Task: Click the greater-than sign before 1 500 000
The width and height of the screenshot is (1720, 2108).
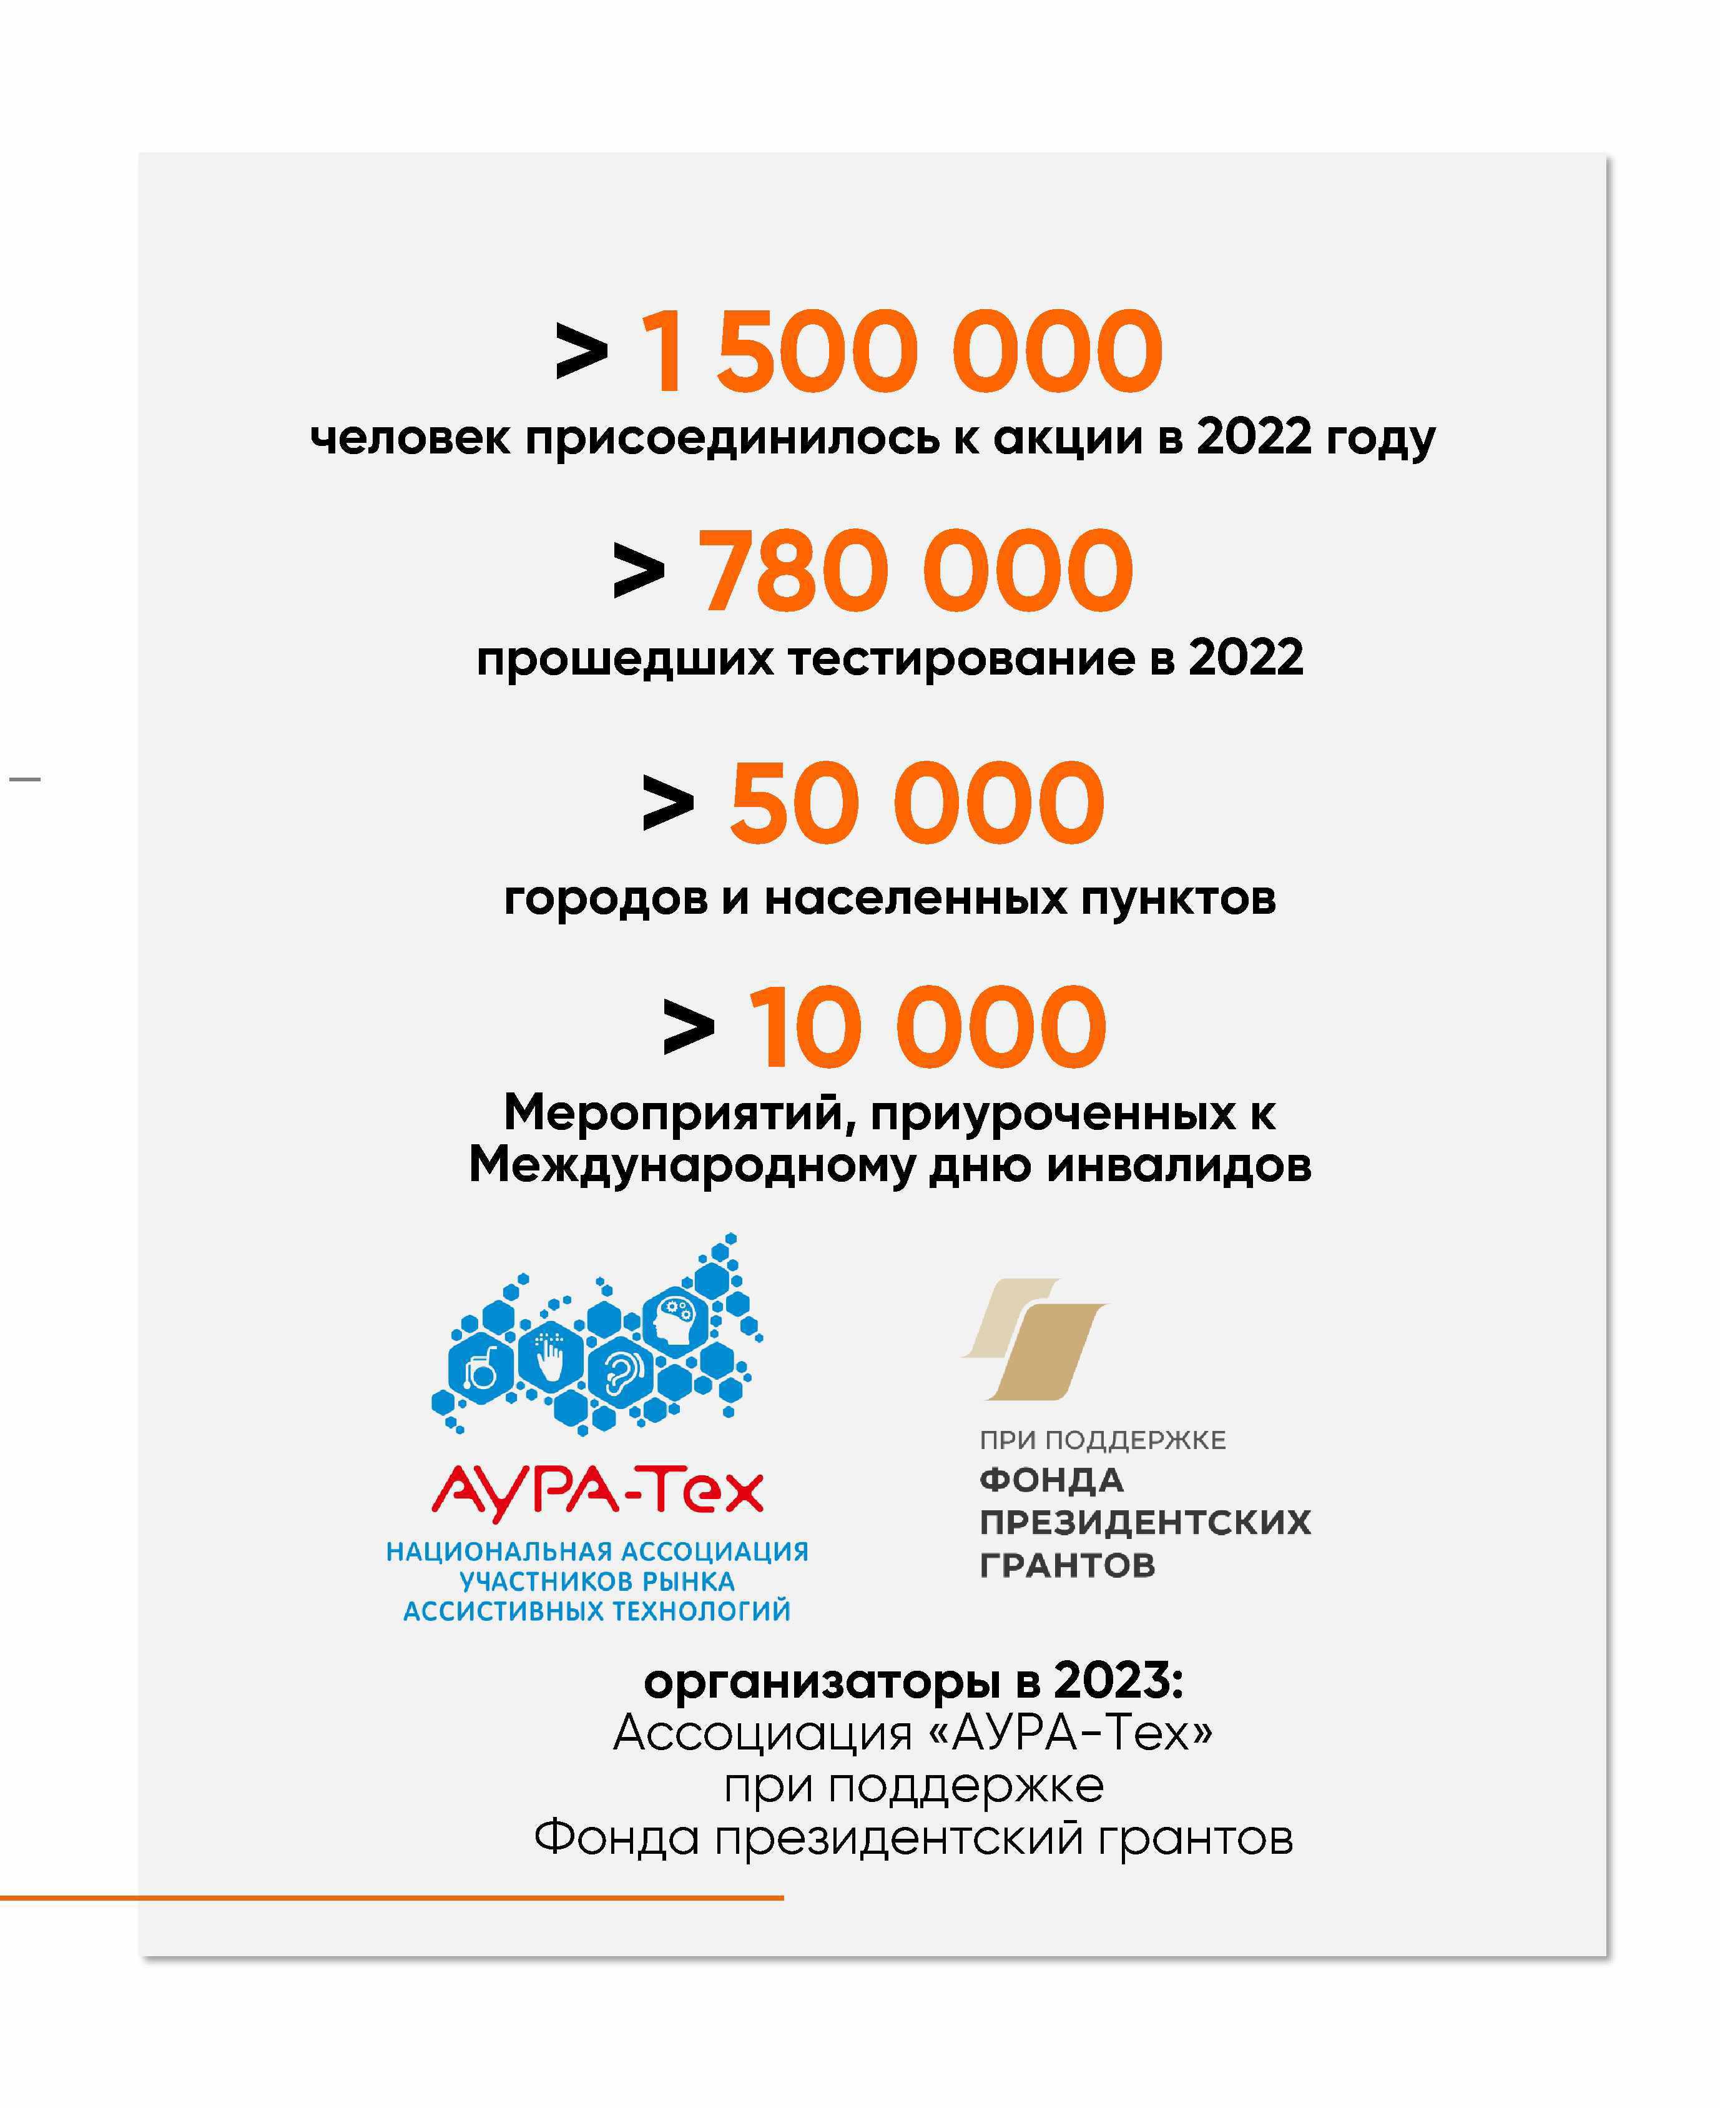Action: [x=582, y=352]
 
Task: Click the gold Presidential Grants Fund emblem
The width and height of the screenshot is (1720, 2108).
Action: [x=1034, y=1338]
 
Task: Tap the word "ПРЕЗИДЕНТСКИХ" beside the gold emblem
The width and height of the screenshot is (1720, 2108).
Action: [x=1144, y=1522]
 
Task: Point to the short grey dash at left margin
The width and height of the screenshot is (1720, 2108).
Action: [x=25, y=779]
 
